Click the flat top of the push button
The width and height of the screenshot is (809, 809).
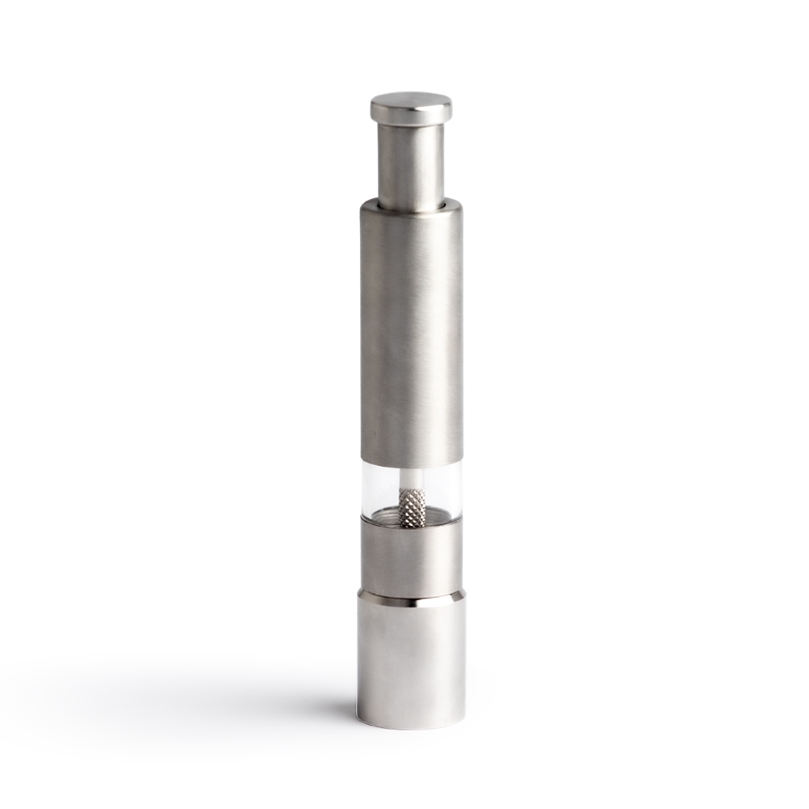click(411, 100)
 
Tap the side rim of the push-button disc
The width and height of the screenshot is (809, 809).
click(411, 116)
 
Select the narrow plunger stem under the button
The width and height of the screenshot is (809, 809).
click(411, 162)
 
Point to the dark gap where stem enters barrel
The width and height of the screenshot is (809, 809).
click(411, 205)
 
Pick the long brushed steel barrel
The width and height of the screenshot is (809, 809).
click(411, 332)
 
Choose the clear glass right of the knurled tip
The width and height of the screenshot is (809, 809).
click(445, 492)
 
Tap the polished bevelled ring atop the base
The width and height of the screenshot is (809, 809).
click(411, 599)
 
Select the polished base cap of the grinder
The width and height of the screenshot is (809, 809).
click(411, 663)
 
